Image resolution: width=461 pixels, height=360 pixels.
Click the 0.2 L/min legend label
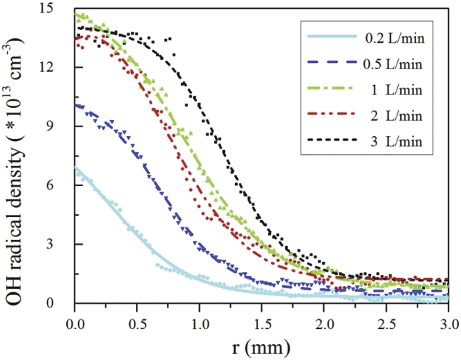pos(395,39)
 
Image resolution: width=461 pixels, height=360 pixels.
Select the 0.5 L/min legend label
pos(395,65)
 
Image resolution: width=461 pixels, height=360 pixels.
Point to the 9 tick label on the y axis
pos(64,126)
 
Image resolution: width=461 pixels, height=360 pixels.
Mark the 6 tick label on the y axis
pos(64,185)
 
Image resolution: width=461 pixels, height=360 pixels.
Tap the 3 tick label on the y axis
pos(64,244)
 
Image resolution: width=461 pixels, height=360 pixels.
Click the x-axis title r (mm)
pos(261,347)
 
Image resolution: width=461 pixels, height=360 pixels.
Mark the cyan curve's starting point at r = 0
pos(75,167)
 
